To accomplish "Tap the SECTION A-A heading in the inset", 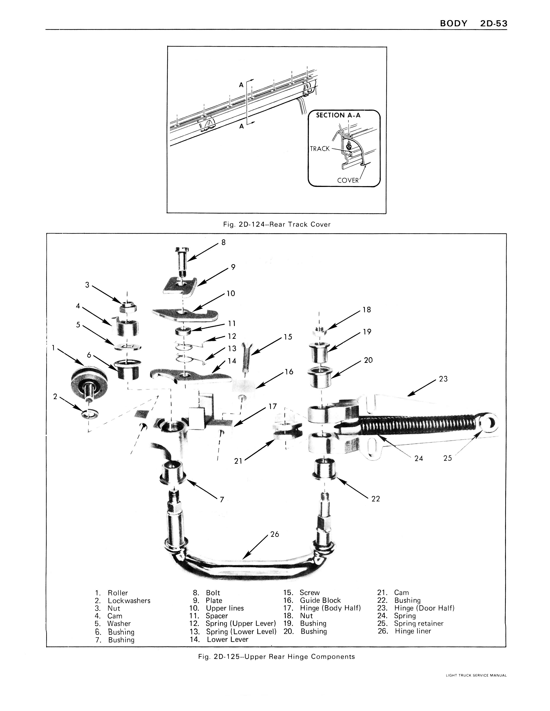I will (338, 115).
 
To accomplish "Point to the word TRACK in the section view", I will (320, 149).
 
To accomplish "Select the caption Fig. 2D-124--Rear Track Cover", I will (277, 224).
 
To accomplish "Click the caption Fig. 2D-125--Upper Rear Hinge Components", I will (276, 657).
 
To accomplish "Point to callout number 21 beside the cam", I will (238, 461).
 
